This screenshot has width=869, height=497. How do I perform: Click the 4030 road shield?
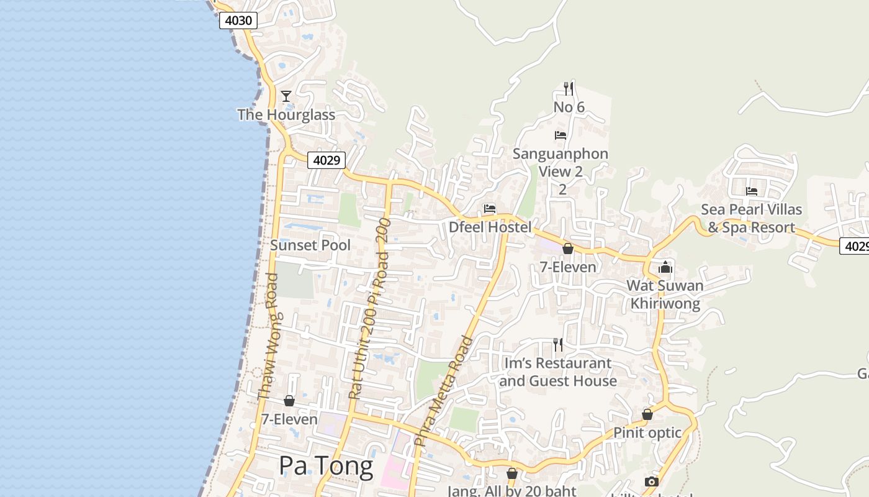point(238,21)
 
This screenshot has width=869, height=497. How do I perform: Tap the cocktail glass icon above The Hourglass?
point(286,96)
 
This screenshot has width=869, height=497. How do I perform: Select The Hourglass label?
point(286,115)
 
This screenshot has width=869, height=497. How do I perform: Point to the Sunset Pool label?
point(310,245)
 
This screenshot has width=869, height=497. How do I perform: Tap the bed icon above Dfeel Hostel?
point(490,209)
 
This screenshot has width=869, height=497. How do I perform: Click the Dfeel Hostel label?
point(490,227)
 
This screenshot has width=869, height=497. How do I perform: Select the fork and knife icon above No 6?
point(569,88)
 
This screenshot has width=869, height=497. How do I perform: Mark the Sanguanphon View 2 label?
point(561,162)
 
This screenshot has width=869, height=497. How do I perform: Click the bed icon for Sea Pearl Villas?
point(752,191)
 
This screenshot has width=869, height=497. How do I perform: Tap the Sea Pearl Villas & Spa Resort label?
point(752,219)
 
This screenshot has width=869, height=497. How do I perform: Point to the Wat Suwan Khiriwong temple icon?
point(665,267)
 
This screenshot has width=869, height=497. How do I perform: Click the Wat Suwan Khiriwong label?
point(665,295)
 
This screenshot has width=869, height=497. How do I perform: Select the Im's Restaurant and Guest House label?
point(558,372)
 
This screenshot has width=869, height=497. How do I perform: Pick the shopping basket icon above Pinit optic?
point(647,414)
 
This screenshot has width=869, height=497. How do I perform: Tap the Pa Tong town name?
point(326,466)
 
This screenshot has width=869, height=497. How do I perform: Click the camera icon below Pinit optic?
point(651,481)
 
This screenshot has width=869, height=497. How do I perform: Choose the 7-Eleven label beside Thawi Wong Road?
point(289,419)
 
